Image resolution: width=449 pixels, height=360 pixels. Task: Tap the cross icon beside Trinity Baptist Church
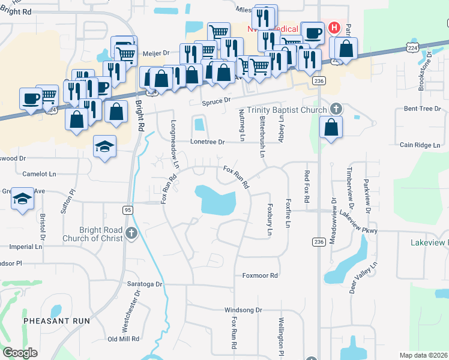click(337, 109)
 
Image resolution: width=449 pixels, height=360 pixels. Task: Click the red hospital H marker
click(334, 28)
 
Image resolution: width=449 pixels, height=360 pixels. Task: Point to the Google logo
click(20, 352)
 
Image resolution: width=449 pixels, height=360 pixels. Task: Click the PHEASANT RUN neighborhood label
click(56, 321)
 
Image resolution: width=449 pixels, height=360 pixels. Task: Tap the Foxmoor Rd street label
click(260, 275)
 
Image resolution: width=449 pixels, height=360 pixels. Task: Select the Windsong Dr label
click(243, 310)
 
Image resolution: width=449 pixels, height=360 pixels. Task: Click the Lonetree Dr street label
click(206, 142)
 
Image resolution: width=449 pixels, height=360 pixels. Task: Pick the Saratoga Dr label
click(145, 283)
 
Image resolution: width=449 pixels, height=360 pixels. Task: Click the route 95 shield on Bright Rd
click(127, 210)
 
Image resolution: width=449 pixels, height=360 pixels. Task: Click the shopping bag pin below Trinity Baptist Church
click(331, 127)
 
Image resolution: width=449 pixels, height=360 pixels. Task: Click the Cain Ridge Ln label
click(420, 145)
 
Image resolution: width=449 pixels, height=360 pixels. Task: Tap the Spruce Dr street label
click(216, 102)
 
